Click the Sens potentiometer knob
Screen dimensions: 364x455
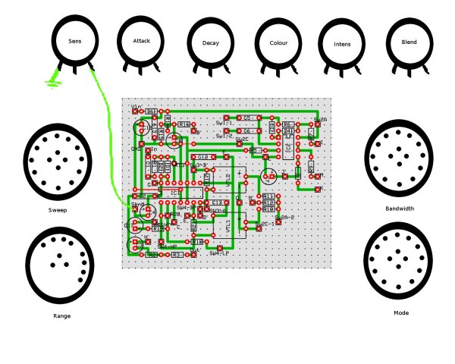pos(76,39)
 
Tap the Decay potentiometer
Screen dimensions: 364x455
pos(210,43)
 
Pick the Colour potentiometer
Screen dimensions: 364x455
pos(278,43)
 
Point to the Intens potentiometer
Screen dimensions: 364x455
pos(342,44)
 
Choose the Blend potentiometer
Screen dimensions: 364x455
pos(409,42)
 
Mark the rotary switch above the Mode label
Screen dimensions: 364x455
pos(398,260)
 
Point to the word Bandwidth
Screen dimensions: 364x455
pos(400,208)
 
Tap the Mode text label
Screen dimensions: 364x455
pos(401,312)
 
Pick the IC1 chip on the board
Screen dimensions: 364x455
pos(175,193)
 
